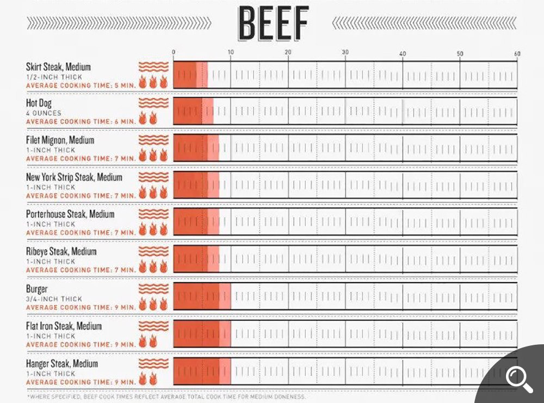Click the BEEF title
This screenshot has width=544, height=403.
coord(274,23)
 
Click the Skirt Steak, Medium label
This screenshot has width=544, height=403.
coord(58,66)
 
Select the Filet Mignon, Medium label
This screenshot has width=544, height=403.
coord(60,140)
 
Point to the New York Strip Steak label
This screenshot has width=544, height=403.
coord(74,177)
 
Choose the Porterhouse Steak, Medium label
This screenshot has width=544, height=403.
coord(70,214)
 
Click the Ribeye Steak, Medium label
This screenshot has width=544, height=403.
coord(61,251)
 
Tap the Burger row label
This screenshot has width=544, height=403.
coord(37,289)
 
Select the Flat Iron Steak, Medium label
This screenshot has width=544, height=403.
coord(64,326)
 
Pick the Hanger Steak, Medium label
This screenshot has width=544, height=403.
coord(62,363)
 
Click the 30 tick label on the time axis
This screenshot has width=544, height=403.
coord(345,52)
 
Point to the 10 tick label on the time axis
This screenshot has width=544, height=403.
coord(231,52)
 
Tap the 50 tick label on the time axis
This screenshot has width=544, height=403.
coord(460,53)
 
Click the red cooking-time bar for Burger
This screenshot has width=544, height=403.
coord(202,296)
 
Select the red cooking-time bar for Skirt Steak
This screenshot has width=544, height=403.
coord(190,75)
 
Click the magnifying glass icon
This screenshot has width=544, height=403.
coord(519,379)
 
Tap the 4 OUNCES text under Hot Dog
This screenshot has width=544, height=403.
coord(44,113)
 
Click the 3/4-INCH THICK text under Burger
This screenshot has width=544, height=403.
coord(54,299)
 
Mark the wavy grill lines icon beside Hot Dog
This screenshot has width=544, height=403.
coord(153,103)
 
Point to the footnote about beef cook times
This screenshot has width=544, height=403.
coord(166,396)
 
